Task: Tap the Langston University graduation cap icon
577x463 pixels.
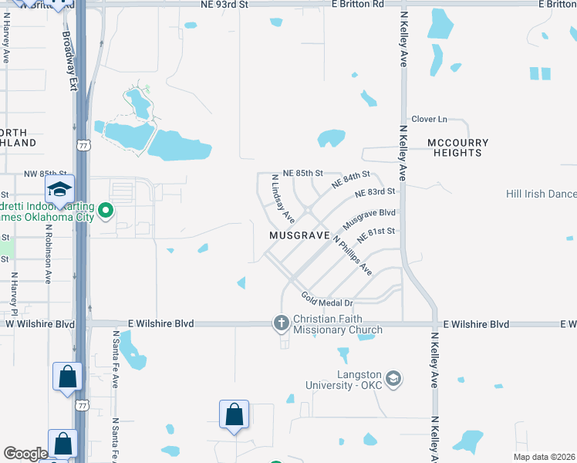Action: click(x=393, y=378)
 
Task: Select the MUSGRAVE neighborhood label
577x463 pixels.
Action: click(x=299, y=235)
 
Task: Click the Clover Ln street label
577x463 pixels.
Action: click(x=430, y=119)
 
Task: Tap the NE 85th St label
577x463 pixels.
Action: click(x=302, y=174)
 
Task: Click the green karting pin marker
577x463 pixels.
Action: click(x=107, y=208)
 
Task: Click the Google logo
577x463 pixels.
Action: click(x=25, y=454)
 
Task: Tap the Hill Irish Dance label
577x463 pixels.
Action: click(x=541, y=194)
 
